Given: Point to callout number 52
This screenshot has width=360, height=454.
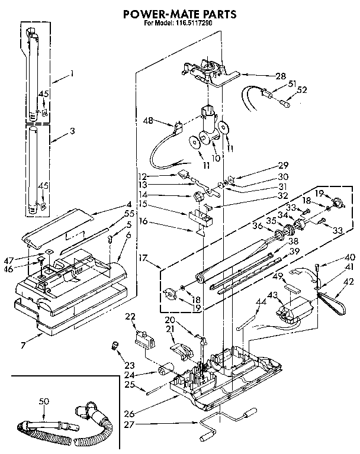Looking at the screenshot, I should (x=303, y=89).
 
